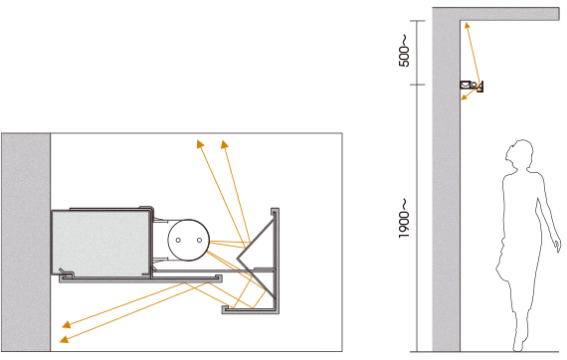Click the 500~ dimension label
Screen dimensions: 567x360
pyautogui.click(x=404, y=51)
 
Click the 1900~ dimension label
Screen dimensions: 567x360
pyautogui.click(x=404, y=219)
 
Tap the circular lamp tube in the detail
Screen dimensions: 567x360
pyautogui.click(x=188, y=240)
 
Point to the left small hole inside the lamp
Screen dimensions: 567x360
pyautogui.click(x=178, y=240)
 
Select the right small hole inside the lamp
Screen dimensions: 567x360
pyautogui.click(x=199, y=240)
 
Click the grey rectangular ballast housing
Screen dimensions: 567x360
pyautogui.click(x=100, y=243)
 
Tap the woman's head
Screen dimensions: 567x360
pyautogui.click(x=519, y=153)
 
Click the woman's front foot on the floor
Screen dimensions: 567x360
pyautogui.click(x=518, y=345)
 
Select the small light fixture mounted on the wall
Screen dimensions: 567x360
pyautogui.click(x=472, y=87)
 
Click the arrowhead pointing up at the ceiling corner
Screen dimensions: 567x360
pyautogui.click(x=467, y=25)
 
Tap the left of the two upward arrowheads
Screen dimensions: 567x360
pyautogui.click(x=200, y=144)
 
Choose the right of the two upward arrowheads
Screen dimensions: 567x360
pyautogui.click(x=225, y=144)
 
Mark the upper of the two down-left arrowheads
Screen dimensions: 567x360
pyautogui.click(x=67, y=324)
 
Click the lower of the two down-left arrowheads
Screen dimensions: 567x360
pyautogui.click(x=64, y=339)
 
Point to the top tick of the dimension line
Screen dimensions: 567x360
pyautogui.click(x=418, y=21)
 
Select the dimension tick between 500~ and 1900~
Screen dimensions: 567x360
pyautogui.click(x=418, y=85)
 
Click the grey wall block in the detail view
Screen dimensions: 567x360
pyautogui.click(x=26, y=243)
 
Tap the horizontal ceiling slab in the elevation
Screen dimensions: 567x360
pyautogui.click(x=510, y=14)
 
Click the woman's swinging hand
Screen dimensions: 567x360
pyautogui.click(x=558, y=245)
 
